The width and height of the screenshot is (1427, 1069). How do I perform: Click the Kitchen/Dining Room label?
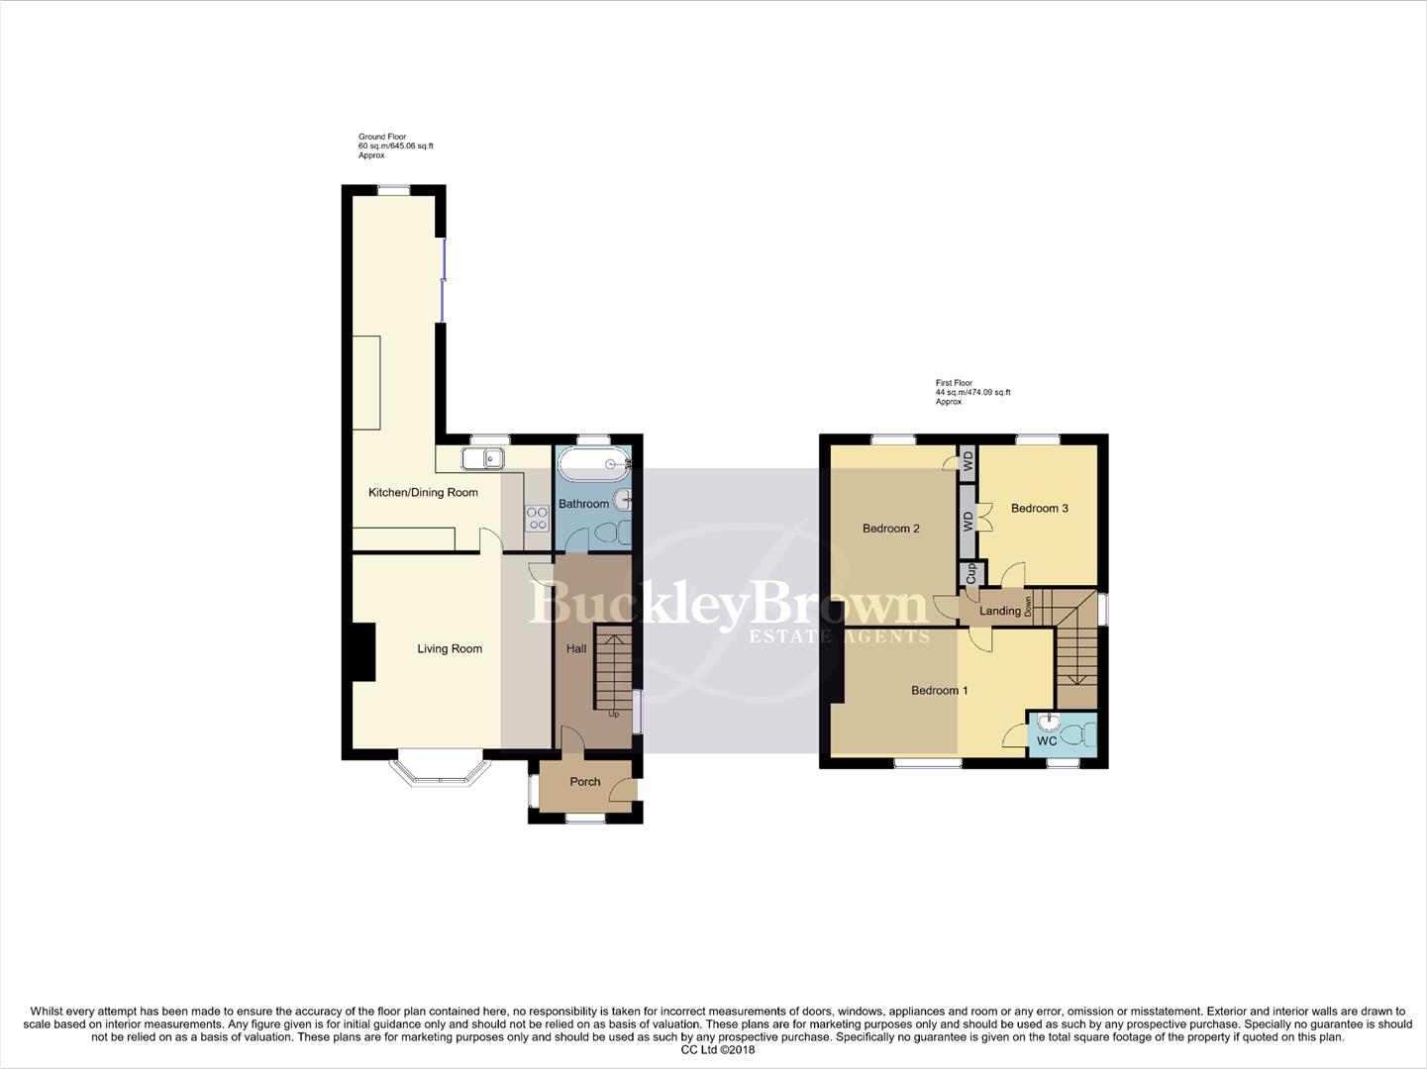[423, 492]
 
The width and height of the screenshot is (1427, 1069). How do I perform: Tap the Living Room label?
[450, 649]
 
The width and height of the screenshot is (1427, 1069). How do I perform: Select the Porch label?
[585, 782]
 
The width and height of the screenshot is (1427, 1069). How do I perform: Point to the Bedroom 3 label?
[1039, 509]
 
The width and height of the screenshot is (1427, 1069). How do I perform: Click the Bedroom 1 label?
[940, 691]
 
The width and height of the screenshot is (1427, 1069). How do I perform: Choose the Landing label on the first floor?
[999, 612]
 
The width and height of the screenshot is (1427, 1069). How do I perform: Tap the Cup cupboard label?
[970, 573]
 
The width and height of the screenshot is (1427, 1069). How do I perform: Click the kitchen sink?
[483, 458]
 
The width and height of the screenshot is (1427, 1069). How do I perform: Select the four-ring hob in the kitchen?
[537, 518]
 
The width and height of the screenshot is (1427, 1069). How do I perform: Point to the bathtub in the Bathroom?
[593, 462]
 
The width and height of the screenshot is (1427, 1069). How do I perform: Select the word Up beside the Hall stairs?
[614, 714]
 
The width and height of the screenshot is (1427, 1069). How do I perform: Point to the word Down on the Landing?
[1029, 606]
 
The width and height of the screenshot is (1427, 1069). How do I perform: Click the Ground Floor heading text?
[382, 137]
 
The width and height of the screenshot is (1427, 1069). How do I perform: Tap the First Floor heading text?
[954, 383]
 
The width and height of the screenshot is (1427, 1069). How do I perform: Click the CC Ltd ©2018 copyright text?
[712, 1050]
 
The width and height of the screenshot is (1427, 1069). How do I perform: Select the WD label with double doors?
[968, 522]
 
